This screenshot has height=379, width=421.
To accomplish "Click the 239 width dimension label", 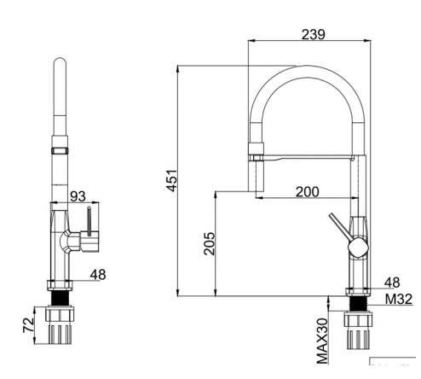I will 311,34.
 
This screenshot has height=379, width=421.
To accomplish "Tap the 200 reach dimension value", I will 307,192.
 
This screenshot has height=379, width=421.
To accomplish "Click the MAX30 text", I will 323,341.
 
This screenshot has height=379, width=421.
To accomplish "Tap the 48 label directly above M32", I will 392,283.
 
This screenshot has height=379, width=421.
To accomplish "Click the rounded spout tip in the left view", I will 59,63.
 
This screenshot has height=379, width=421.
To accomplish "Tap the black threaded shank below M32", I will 359,303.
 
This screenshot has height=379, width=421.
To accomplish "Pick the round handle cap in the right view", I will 359,248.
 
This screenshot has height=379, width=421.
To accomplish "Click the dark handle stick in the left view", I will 85,224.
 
